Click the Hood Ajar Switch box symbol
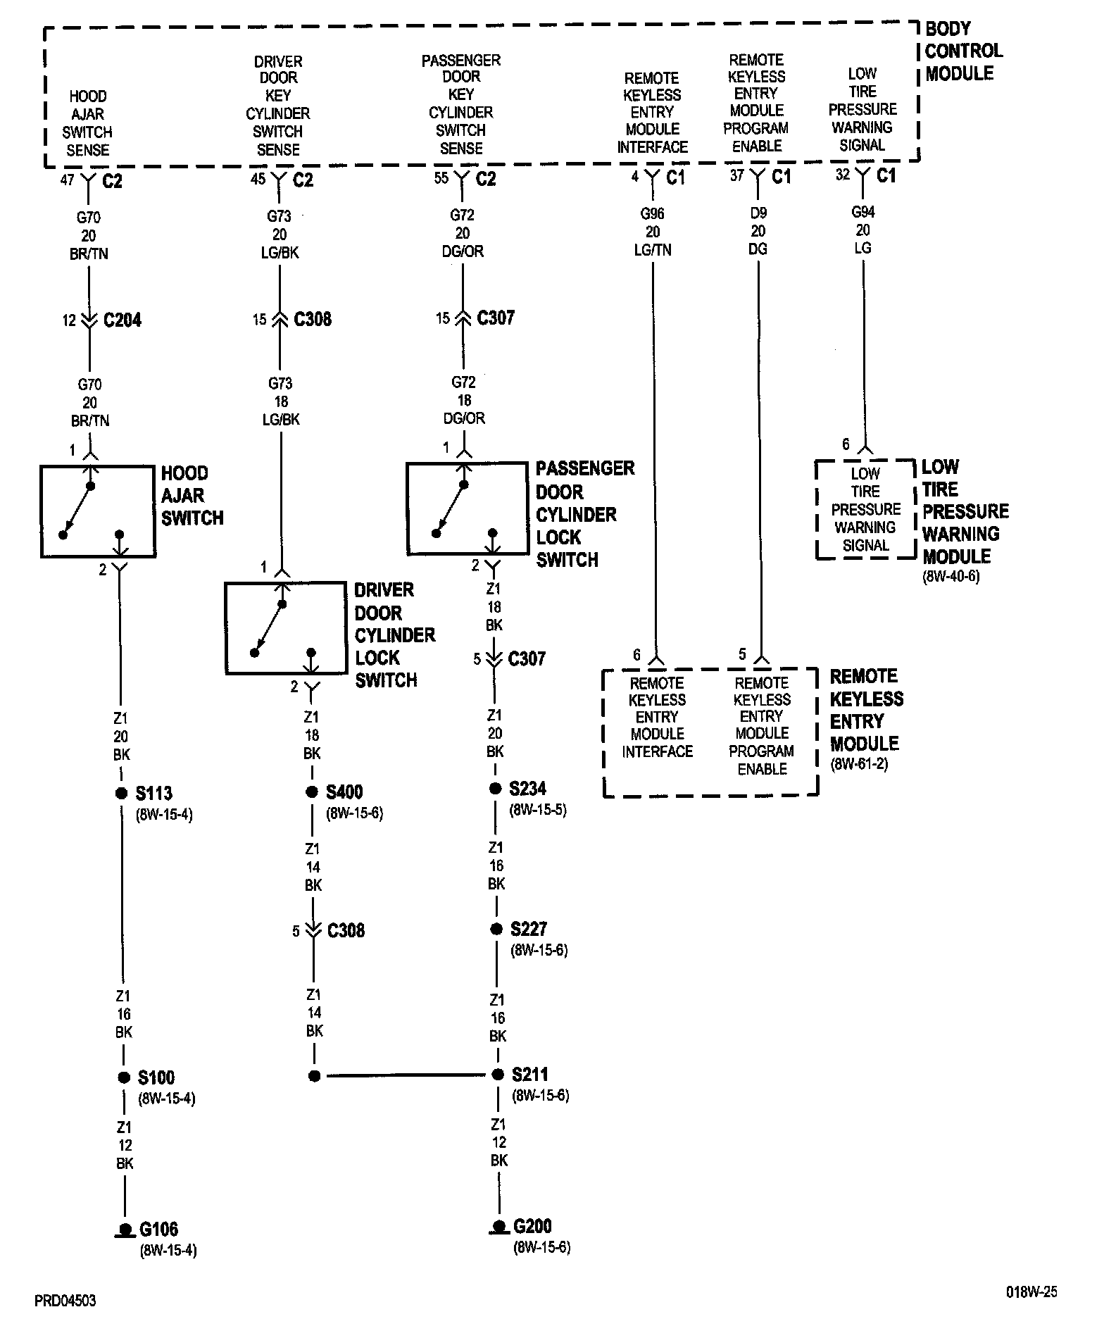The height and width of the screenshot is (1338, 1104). (98, 511)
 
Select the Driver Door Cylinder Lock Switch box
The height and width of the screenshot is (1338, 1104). (285, 628)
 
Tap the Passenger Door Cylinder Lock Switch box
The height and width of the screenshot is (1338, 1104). (467, 508)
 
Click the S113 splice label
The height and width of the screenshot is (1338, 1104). (153, 794)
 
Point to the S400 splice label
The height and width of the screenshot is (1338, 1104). (344, 792)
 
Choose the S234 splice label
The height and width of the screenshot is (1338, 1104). (527, 789)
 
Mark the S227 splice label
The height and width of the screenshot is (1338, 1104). (528, 930)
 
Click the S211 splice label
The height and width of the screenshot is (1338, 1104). (529, 1075)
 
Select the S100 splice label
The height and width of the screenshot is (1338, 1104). (156, 1077)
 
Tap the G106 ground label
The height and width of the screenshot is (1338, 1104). (158, 1230)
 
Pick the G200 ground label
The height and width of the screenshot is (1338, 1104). (532, 1226)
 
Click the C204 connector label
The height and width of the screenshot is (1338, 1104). (122, 320)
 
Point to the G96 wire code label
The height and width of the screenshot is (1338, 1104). (652, 213)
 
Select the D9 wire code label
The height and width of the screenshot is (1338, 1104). (758, 213)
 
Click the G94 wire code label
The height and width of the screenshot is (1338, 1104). (862, 212)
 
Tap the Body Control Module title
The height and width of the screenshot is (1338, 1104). (962, 51)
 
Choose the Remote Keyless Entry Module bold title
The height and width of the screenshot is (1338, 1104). (866, 710)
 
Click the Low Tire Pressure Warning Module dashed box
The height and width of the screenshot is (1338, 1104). (865, 509)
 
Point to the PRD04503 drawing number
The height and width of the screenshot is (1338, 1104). (65, 1300)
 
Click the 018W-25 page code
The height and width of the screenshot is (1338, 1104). (1031, 1292)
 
